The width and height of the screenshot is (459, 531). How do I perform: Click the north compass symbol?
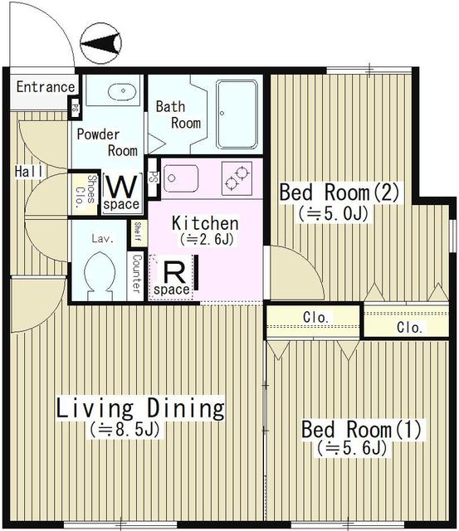(100, 43)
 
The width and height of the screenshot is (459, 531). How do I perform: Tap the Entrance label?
(46, 87)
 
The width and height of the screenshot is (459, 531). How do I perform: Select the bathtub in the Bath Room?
(237, 114)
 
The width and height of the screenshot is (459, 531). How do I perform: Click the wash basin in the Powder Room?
(122, 91)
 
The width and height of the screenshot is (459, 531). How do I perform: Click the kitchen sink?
(181, 178)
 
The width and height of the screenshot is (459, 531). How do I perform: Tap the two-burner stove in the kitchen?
(237, 178)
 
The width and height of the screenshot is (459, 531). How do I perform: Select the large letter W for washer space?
(121, 187)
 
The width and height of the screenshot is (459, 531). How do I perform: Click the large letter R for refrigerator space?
(175, 273)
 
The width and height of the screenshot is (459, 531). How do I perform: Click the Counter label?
(136, 274)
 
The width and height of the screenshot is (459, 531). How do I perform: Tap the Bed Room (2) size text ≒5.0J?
(334, 214)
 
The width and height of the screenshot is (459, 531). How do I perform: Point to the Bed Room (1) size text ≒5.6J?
(352, 449)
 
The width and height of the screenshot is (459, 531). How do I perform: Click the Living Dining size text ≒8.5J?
(125, 430)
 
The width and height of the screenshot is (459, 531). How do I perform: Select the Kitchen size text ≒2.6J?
(207, 240)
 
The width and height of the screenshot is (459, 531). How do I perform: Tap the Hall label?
(29, 172)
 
